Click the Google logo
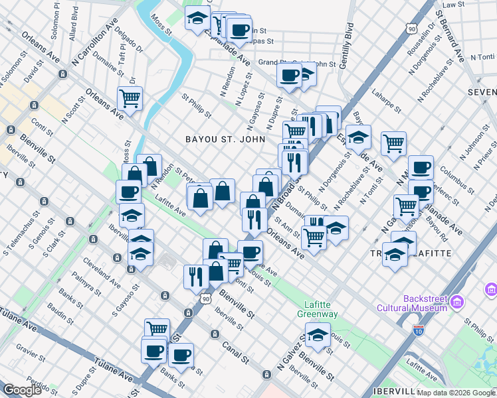(x=22, y=390)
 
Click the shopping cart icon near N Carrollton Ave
(x=130, y=98)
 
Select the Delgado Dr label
(x=128, y=39)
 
